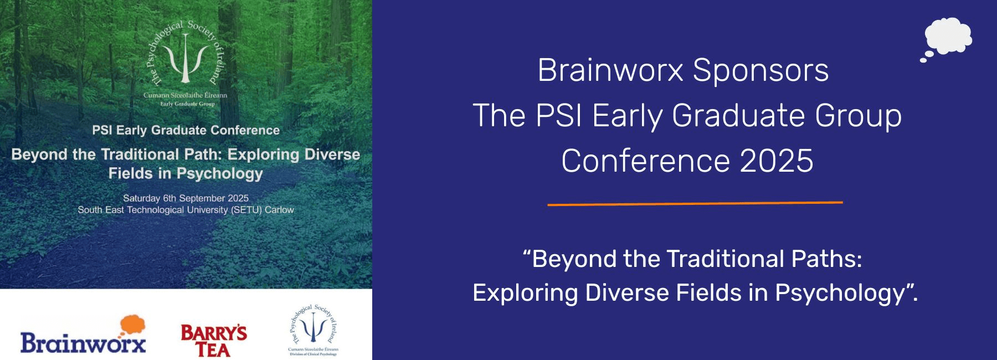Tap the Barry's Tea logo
pos(214,341)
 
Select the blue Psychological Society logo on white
pos(313,330)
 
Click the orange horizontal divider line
pos(695,203)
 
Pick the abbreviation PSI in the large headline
pos(559,116)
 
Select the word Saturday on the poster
pos(141,198)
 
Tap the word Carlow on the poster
pos(279,210)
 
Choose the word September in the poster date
pos(202,198)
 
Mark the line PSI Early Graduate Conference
pos(186,130)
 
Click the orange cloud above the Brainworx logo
pos(132,325)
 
